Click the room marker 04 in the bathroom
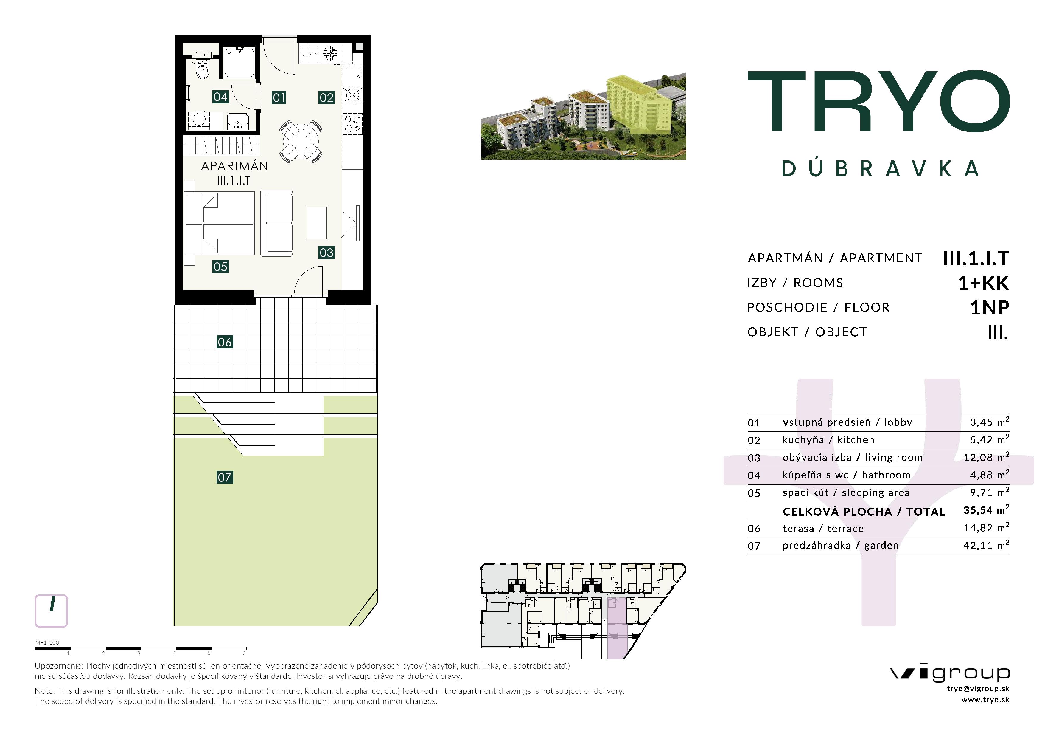(x=220, y=97)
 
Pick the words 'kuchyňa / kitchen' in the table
(x=828, y=440)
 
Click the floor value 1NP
(x=990, y=308)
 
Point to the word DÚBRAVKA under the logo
(x=881, y=169)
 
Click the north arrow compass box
(x=52, y=611)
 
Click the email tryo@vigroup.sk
(x=978, y=689)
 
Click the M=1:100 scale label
(x=47, y=642)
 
